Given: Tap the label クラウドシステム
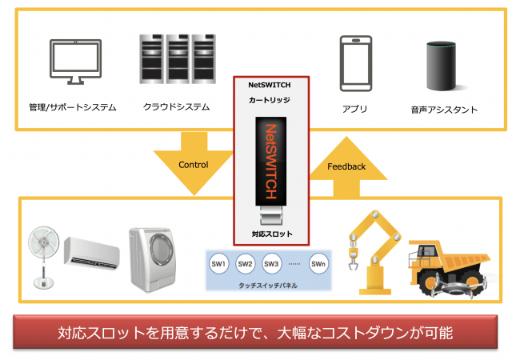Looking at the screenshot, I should coord(177,106).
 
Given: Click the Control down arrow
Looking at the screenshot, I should coord(193,165).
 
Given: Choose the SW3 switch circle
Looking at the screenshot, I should coord(271,263).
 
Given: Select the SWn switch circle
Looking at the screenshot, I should coord(318,263).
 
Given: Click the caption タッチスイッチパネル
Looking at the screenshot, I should coord(268,283).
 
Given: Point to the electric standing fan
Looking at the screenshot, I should coord(45,253).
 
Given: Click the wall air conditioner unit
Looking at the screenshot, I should coord(94,252).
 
